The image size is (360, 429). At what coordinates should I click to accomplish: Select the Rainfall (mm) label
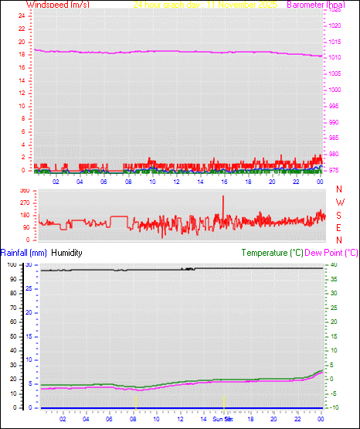point(24,253)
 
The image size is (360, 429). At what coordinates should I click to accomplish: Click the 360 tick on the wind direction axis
point(22,189)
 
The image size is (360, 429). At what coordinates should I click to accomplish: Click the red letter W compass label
point(339,202)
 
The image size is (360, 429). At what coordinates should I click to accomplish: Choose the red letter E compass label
point(339,226)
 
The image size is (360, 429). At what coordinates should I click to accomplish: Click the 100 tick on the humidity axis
point(11,264)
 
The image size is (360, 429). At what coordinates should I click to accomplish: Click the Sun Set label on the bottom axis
point(222,420)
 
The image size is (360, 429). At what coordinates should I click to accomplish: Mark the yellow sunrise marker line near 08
point(136,401)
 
